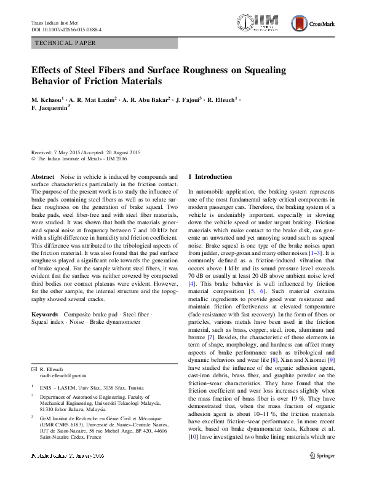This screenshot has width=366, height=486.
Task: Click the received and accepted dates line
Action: tap(86, 152)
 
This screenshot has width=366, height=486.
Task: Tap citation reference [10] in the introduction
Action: tap(194, 437)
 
